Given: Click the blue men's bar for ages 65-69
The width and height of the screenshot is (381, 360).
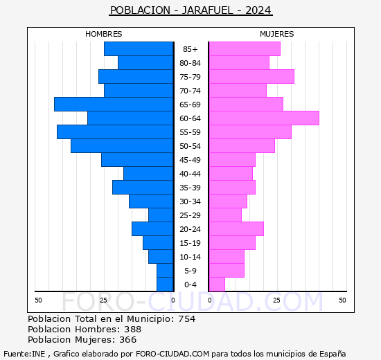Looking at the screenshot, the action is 114,105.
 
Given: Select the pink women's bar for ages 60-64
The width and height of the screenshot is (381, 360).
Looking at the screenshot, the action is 264,118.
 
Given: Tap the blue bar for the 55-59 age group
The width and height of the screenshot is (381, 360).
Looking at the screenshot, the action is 115,132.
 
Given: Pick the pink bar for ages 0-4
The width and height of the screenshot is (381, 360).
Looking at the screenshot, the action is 217,285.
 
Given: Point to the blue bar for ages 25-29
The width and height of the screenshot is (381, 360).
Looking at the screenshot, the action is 161,215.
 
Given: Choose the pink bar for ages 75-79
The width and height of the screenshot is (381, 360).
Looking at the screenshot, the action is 251,77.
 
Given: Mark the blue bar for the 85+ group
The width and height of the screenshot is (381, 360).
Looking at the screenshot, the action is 139,49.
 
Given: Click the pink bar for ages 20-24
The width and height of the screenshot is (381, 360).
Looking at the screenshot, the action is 236,229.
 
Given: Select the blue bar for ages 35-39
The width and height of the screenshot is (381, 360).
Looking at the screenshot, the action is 143,188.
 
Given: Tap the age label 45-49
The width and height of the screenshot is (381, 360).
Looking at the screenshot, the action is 190,160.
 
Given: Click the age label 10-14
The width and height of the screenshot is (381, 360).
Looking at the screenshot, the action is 190,257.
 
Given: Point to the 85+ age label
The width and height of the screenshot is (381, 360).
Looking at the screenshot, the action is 190,49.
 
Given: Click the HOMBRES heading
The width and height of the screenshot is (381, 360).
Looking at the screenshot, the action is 103,34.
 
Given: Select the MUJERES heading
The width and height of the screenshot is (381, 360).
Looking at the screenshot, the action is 277,34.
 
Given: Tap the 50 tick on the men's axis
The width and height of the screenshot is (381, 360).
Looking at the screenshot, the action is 38,300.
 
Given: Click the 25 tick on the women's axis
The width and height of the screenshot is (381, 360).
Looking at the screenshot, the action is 276,300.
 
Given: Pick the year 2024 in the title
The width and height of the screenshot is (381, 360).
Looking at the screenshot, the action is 258,10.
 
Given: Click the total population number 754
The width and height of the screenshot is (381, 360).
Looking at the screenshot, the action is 187,319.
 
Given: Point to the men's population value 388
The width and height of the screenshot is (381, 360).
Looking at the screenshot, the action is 133,330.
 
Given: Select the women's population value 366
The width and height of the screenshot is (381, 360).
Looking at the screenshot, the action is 128,340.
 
